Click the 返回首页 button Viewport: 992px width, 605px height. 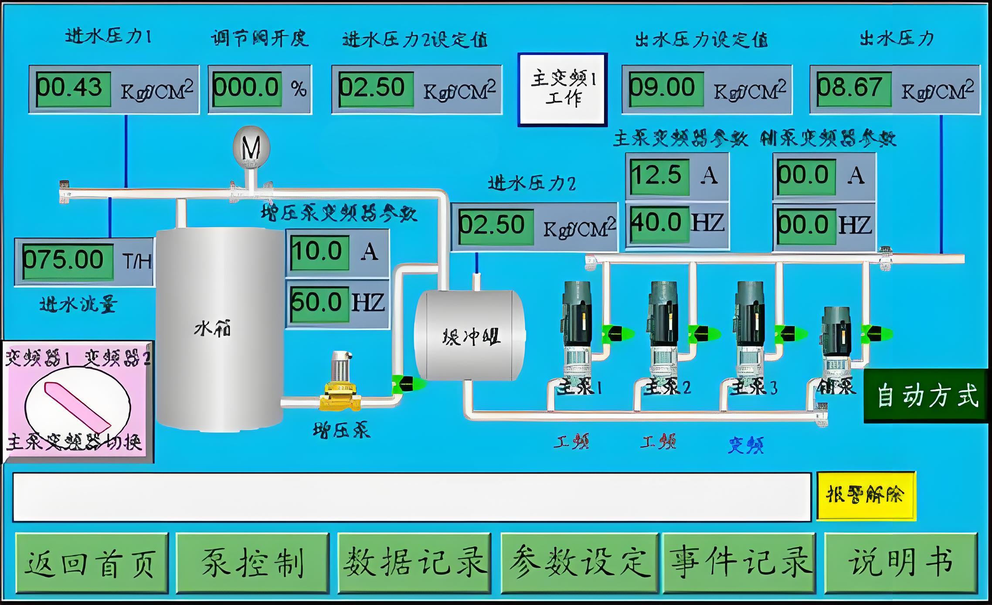pyautogui.click(x=92, y=563)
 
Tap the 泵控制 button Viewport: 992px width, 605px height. pyautogui.click(x=252, y=563)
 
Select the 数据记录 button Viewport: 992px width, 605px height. pyautogui.click(x=414, y=563)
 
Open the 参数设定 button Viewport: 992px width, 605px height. pyautogui.click(x=579, y=563)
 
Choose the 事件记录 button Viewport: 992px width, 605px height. pyautogui.click(x=739, y=563)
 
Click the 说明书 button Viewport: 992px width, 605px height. pyautogui.click(x=900, y=563)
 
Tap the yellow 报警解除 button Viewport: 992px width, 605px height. pyautogui.click(x=866, y=496)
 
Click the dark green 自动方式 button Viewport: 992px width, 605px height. pyautogui.click(x=926, y=396)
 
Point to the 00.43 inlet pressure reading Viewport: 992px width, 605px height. pyautogui.click(x=73, y=89)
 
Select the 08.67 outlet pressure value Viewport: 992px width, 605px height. pyautogui.click(x=853, y=89)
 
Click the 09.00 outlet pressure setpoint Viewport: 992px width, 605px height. pyautogui.click(x=666, y=89)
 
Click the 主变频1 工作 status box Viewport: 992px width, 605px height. pyautogui.click(x=562, y=89)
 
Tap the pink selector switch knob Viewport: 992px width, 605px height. pyautogui.click(x=78, y=405)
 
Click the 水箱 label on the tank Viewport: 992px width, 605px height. pyautogui.click(x=212, y=329)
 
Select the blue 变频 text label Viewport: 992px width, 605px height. pyautogui.click(x=746, y=445)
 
